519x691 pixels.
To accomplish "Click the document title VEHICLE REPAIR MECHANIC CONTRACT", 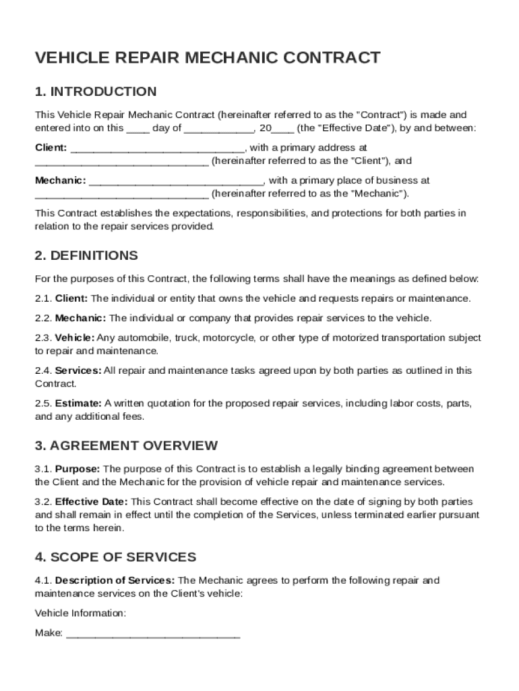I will pyautogui.click(x=208, y=58).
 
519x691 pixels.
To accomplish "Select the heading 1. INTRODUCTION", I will pyautogui.click(x=96, y=91).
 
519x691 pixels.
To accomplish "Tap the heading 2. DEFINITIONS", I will pyautogui.click(x=86, y=256).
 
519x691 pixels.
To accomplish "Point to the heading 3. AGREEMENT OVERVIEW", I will pyautogui.click(x=126, y=445).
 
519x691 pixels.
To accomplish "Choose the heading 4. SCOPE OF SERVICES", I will pyautogui.click(x=115, y=557).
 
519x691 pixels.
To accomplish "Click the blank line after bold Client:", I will pyautogui.click(x=157, y=148).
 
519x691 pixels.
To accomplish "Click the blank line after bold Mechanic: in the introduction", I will pyautogui.click(x=176, y=182).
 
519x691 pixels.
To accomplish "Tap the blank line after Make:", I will pyautogui.click(x=153, y=634).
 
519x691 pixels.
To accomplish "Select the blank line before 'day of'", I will pyautogui.click(x=138, y=129).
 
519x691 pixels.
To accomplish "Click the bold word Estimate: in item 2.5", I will pyautogui.click(x=78, y=404).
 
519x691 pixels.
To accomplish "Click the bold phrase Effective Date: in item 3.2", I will pyautogui.click(x=91, y=502).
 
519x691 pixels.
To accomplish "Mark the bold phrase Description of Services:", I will pyautogui.click(x=115, y=580).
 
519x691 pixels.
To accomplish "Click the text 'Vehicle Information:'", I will pyautogui.click(x=80, y=613).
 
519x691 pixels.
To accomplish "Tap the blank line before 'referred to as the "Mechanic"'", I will pyautogui.click(x=121, y=195).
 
